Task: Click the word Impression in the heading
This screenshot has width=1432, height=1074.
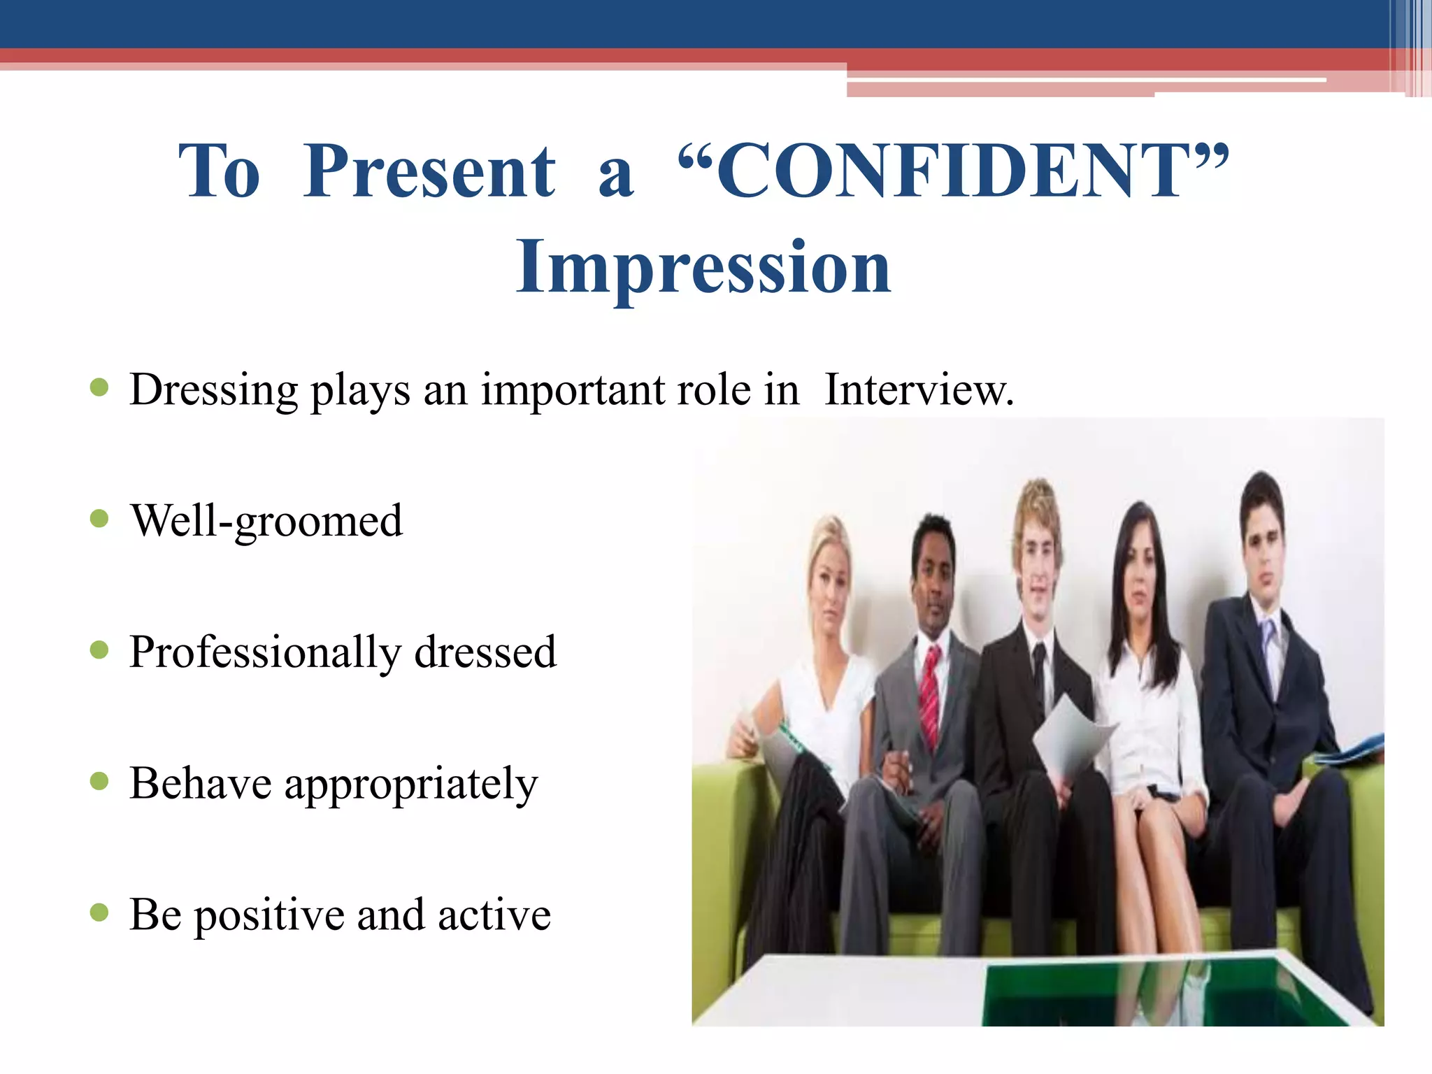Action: [703, 267]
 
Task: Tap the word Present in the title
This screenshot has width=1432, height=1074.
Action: [429, 171]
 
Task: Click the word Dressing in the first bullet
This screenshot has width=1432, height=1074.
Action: [213, 389]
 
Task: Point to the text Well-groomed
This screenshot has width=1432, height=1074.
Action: [266, 521]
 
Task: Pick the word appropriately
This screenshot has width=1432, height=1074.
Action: [411, 784]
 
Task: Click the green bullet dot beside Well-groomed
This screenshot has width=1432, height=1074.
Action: [100, 519]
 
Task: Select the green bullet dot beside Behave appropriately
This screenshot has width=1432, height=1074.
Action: [100, 781]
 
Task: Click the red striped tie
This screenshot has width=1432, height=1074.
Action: [930, 696]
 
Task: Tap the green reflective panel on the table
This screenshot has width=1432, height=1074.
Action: [1147, 993]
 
